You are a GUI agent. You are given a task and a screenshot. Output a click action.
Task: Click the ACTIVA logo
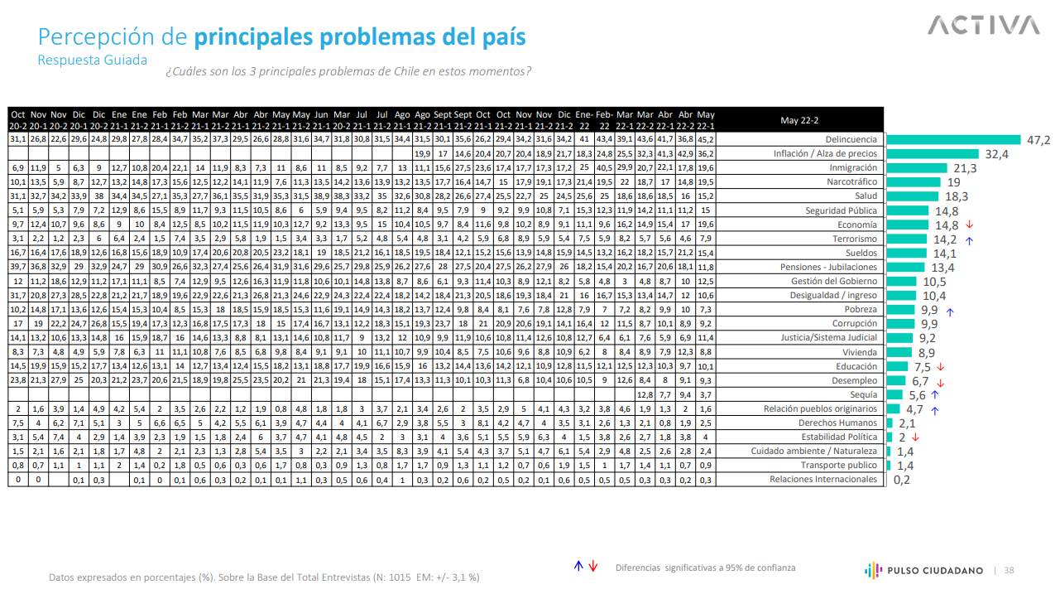coord(983,26)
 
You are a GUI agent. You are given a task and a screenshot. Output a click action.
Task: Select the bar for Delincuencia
coord(952,140)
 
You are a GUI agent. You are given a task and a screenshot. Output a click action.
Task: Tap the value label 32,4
coord(996,154)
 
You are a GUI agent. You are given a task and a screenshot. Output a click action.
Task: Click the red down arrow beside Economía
coord(969,225)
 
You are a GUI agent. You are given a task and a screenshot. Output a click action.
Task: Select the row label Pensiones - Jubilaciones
coord(828,268)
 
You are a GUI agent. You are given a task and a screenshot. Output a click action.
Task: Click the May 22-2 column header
coord(799,120)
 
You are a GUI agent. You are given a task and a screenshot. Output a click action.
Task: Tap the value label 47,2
coord(1038,140)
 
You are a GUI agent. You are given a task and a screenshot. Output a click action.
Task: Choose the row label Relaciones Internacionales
coord(822,480)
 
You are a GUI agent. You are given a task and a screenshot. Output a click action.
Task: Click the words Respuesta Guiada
coord(93,60)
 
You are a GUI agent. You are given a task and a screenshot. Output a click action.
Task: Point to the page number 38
coord(1009,570)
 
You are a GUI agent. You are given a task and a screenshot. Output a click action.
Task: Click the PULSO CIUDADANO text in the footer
coord(933,570)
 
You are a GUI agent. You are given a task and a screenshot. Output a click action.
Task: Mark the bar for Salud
coord(911,196)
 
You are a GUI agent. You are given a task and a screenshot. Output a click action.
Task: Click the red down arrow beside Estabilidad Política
coord(915,437)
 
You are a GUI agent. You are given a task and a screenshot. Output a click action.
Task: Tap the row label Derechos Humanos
coord(837,423)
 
